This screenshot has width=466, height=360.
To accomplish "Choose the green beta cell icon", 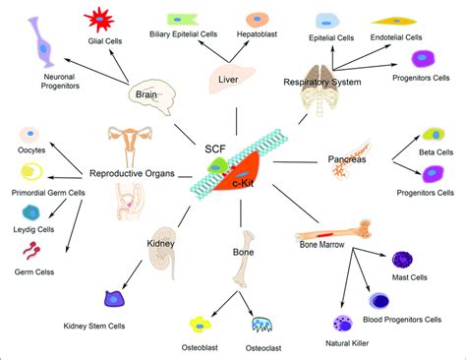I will (x=431, y=135).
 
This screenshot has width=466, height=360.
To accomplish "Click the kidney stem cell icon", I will (x=112, y=299).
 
